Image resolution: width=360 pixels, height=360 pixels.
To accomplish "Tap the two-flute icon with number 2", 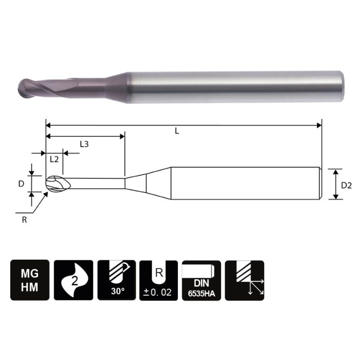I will [x=73, y=280].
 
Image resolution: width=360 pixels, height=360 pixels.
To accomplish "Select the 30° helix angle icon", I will [x=116, y=280].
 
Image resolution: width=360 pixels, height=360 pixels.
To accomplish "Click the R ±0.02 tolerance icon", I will [x=159, y=280].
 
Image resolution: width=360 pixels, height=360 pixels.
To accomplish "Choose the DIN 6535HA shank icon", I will [x=202, y=280].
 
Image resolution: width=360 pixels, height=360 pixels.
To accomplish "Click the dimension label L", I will [x=176, y=131].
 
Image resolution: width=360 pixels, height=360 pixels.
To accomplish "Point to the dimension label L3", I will [x=84, y=145].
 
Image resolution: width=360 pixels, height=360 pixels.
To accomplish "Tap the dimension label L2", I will [x=54, y=159].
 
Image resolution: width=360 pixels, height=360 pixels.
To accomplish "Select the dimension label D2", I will [x=346, y=184].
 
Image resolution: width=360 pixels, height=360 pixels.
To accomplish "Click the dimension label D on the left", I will [x=21, y=183].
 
